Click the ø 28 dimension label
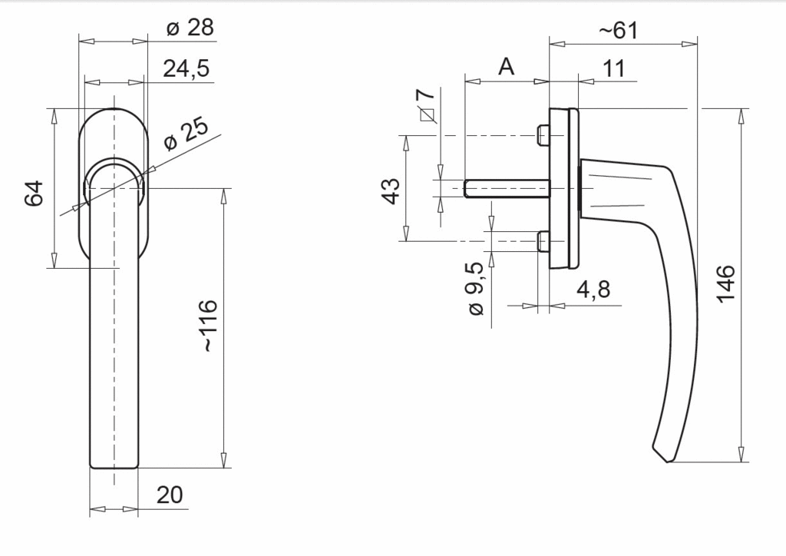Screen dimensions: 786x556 [x=190, y=27]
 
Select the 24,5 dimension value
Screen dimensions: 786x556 [x=186, y=68]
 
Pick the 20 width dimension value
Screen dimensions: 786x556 [x=170, y=495]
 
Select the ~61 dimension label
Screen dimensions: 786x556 [x=619, y=31]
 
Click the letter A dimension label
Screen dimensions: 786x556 [x=507, y=66]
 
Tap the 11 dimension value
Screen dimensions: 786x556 [x=613, y=68]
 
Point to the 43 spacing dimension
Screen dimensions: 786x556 [x=391, y=190]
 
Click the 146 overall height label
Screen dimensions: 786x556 [x=725, y=284]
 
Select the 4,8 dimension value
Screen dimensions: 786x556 [x=593, y=290]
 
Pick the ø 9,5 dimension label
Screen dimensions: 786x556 [x=476, y=288]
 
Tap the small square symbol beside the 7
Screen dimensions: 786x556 [x=427, y=115]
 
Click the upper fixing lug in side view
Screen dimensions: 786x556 [x=543, y=135]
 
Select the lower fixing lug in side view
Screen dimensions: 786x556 [x=543, y=241]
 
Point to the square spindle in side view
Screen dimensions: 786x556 [x=507, y=188]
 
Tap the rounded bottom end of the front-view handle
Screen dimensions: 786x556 [x=114, y=467]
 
